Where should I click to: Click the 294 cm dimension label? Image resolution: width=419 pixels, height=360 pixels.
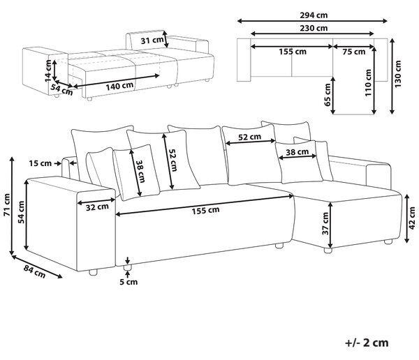click(x=314, y=15)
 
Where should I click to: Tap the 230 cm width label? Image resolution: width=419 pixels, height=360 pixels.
click(x=314, y=28)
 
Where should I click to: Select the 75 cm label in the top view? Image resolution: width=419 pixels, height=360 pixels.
click(x=354, y=52)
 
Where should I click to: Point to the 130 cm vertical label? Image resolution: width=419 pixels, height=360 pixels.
click(x=398, y=74)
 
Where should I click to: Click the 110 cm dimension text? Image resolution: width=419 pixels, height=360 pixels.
click(x=368, y=82)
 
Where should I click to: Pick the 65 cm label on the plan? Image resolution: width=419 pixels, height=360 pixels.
click(x=328, y=95)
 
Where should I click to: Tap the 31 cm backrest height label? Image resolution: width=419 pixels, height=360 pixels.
click(x=152, y=40)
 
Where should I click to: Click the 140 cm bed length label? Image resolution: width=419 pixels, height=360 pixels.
click(x=119, y=87)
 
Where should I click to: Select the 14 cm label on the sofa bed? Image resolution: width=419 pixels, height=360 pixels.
click(x=48, y=70)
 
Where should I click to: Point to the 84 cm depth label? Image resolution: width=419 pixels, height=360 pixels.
click(x=34, y=271)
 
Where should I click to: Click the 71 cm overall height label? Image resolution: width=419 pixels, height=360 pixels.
click(x=7, y=205)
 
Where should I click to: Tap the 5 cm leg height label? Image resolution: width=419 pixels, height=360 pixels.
click(x=128, y=282)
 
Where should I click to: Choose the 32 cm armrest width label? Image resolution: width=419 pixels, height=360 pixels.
click(x=97, y=207)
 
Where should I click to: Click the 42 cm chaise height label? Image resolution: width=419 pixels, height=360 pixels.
click(x=412, y=218)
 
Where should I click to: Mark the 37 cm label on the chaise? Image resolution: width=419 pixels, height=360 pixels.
click(x=325, y=223)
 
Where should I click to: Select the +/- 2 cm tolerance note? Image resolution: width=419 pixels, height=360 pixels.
click(x=367, y=343)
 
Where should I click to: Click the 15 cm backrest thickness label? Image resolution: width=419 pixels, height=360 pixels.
click(x=41, y=163)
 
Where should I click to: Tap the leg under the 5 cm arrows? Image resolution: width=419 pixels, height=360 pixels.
click(x=128, y=267)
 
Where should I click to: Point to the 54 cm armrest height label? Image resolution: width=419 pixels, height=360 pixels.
click(x=21, y=212)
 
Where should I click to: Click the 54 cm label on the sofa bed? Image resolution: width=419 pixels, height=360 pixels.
click(x=61, y=89)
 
